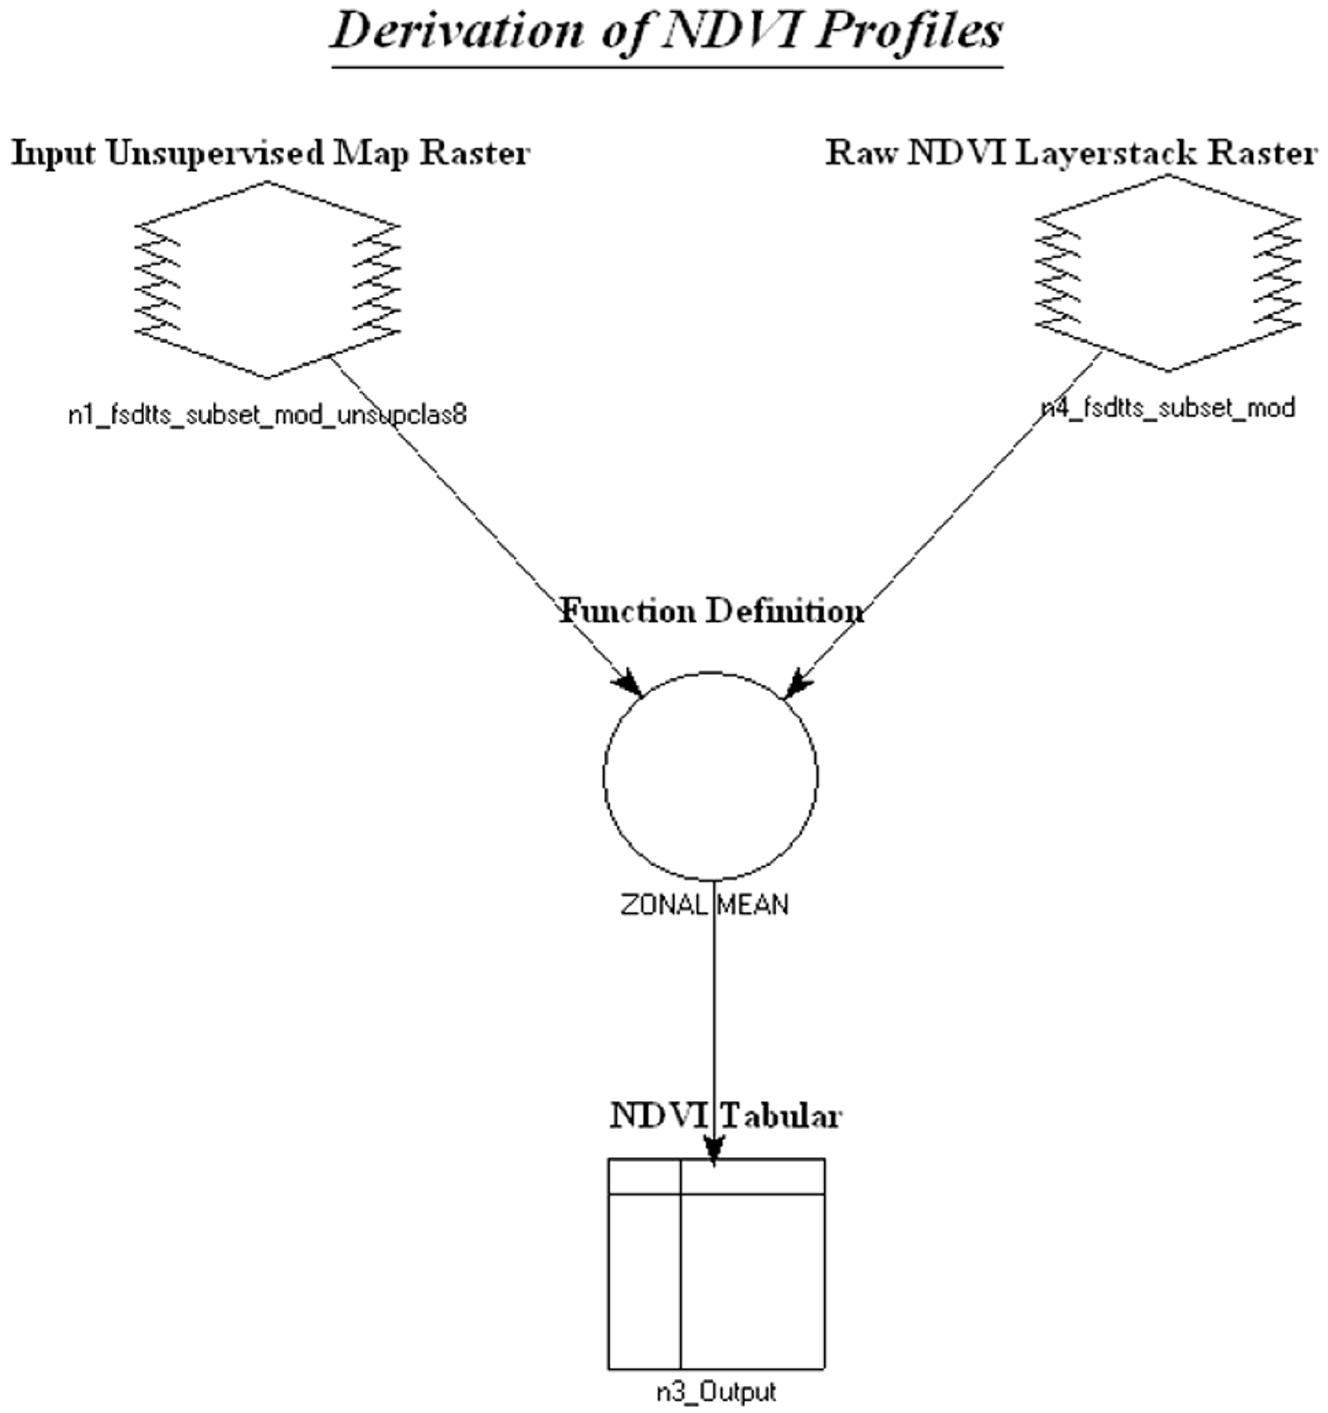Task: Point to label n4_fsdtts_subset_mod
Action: (1168, 408)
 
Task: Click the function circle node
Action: (711, 775)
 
